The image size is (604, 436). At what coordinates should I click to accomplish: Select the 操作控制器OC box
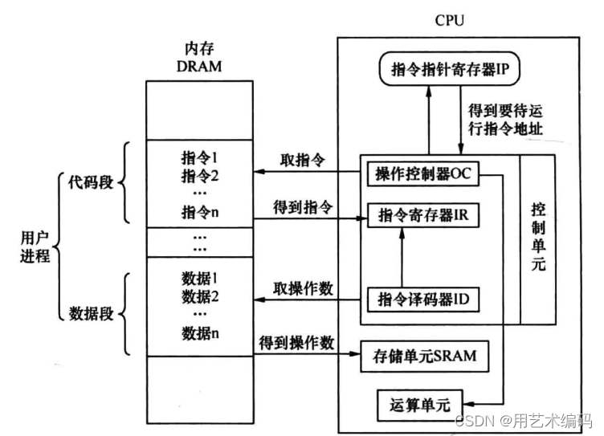(423, 173)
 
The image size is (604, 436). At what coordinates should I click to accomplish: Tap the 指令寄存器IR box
(423, 216)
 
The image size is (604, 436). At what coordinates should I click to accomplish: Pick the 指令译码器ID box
(423, 300)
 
